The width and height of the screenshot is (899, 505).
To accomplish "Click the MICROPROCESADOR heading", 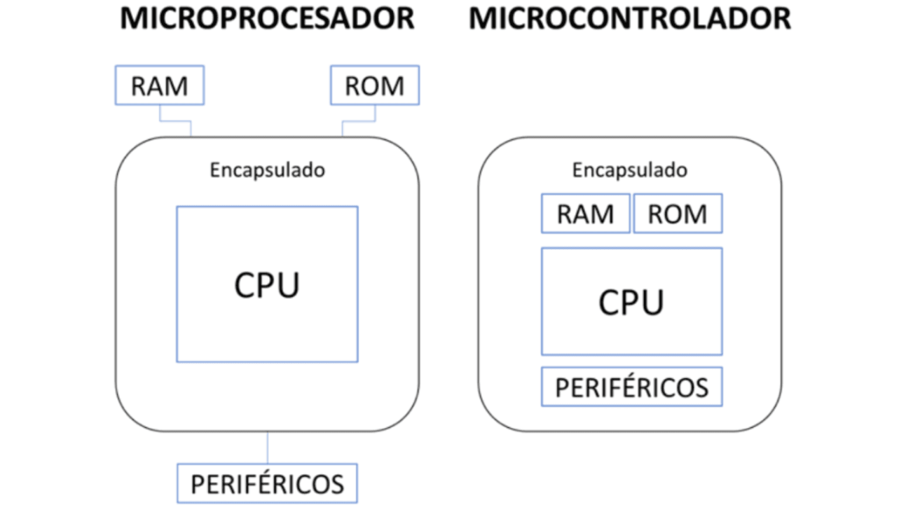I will [x=267, y=19].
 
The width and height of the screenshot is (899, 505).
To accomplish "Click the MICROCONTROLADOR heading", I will [x=630, y=19].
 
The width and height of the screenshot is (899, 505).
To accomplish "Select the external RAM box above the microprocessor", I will [x=159, y=85].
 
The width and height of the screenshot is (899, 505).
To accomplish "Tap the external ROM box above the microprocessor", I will [x=375, y=85].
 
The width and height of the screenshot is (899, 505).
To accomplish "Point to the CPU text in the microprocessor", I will [x=267, y=285].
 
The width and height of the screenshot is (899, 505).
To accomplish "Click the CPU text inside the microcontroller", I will [x=631, y=302].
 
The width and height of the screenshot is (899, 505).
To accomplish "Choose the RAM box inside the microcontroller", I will [x=585, y=214].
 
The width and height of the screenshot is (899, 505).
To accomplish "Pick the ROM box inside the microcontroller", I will [x=678, y=214].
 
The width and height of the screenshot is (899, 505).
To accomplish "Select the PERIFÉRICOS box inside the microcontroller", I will [x=632, y=387].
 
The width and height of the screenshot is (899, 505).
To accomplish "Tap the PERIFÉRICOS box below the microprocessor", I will [x=267, y=483].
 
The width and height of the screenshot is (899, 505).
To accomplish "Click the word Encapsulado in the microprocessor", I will [x=267, y=170].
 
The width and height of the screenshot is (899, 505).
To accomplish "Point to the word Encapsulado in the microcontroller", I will [x=630, y=170].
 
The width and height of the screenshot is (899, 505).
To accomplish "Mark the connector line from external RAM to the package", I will [x=176, y=122].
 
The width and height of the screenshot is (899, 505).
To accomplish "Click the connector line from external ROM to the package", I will [x=358, y=122].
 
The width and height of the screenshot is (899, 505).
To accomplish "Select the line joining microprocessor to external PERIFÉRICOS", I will [x=267, y=448].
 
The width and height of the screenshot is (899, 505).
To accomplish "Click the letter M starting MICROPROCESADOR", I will [x=132, y=19].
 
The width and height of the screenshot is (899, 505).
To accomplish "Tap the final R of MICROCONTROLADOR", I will [x=781, y=19].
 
